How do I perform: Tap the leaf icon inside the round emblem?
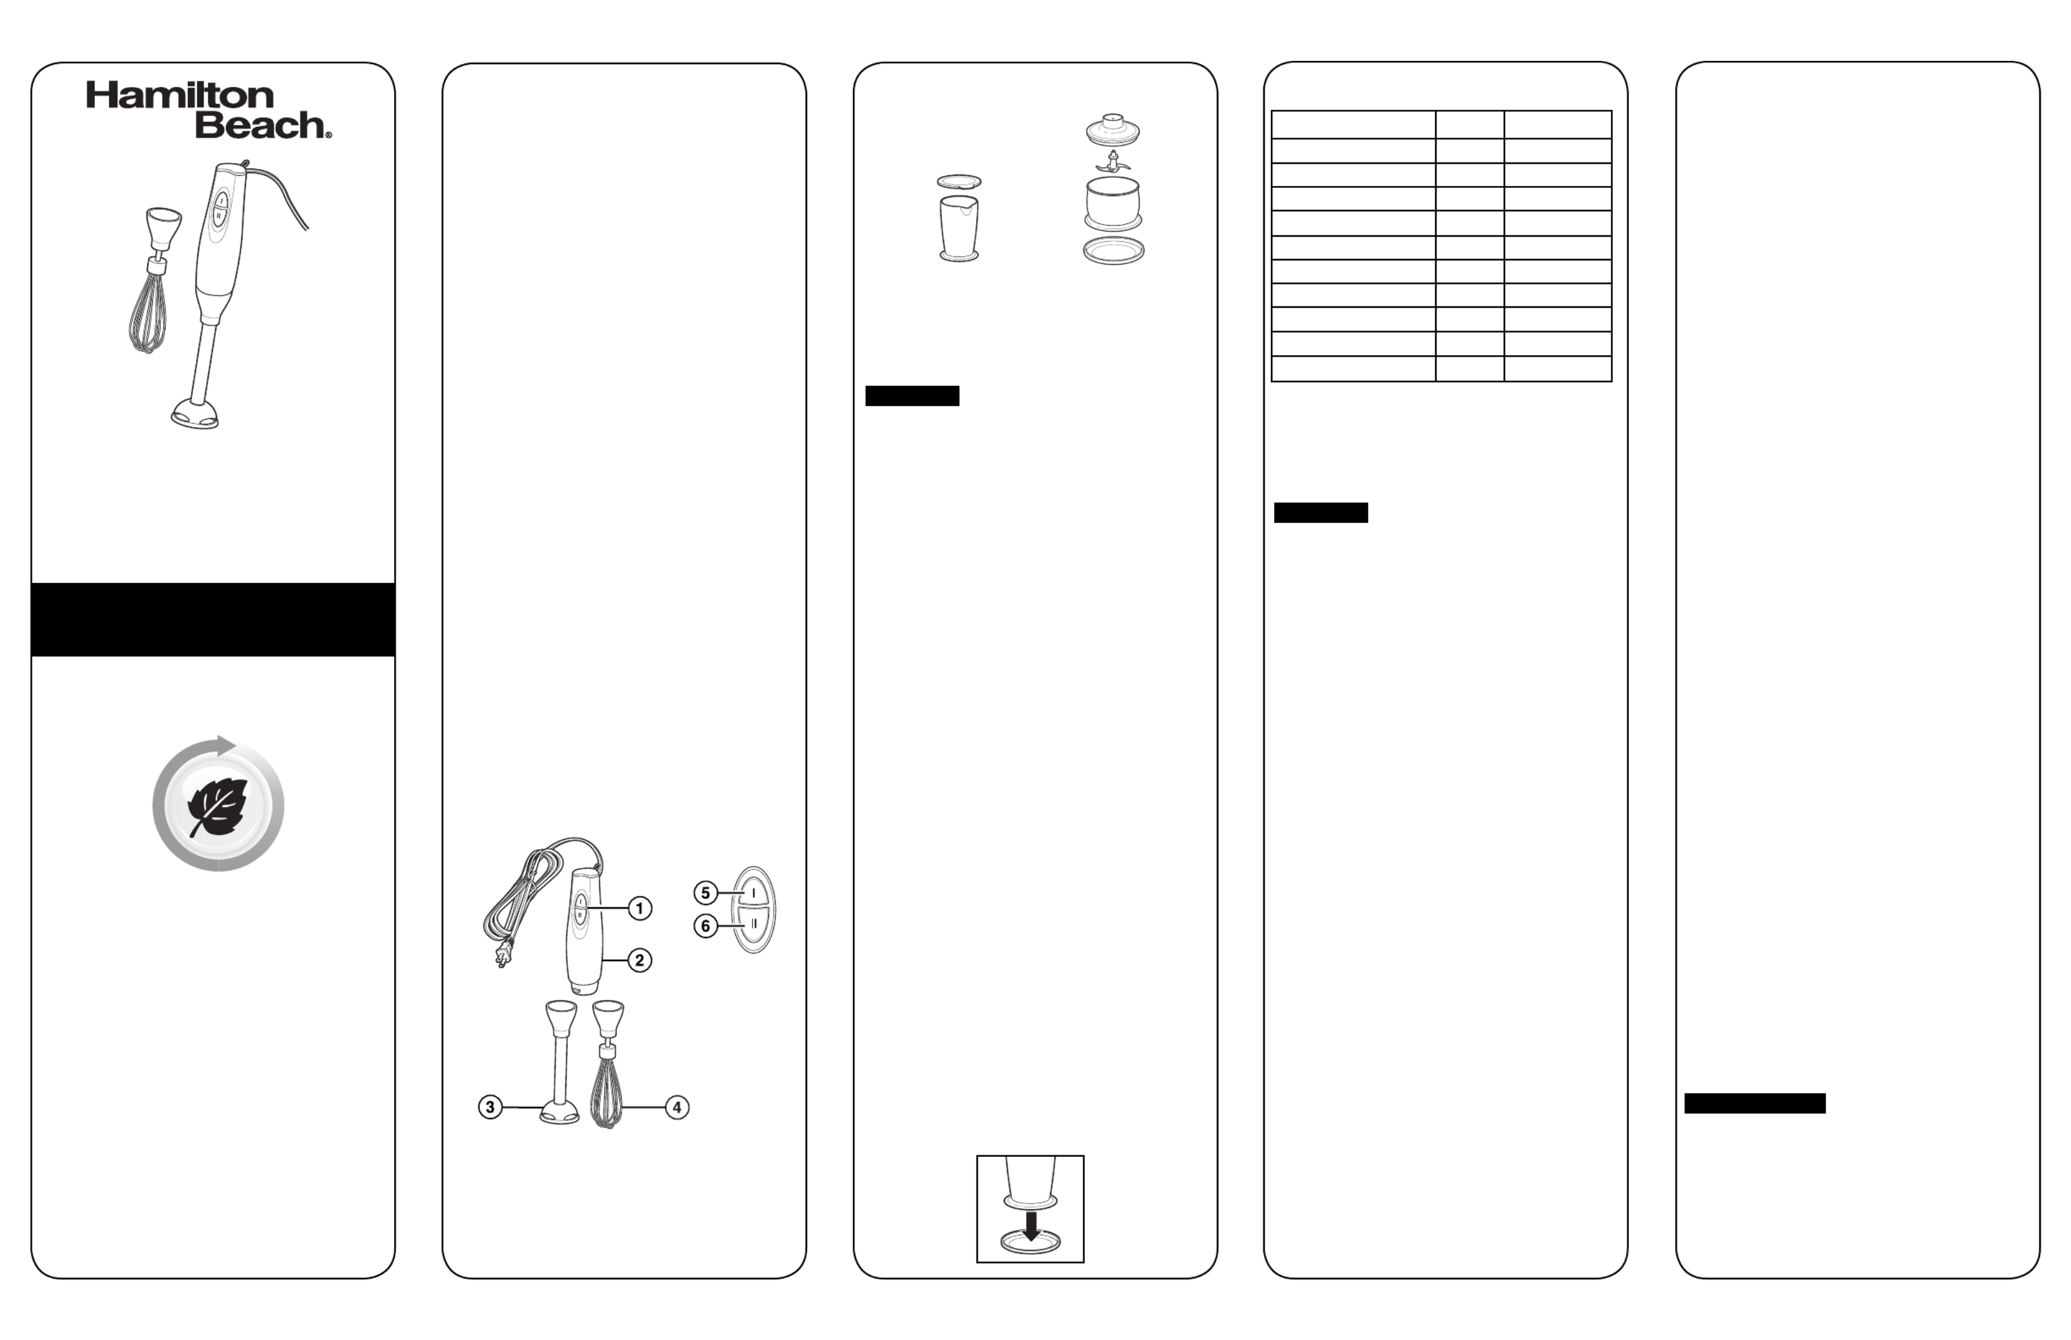pos(218,806)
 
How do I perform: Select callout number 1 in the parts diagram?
pos(640,909)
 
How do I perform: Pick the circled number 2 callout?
pos(640,961)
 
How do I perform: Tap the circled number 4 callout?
pos(677,1108)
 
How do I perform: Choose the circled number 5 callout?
pos(706,893)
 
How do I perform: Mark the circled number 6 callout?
pos(706,926)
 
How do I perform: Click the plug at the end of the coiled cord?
pos(502,956)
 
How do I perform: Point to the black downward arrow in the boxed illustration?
pos(1031,1227)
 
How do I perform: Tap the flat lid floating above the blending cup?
pos(959,182)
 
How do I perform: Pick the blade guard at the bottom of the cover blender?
pos(195,414)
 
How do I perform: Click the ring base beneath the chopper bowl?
pos(1113,251)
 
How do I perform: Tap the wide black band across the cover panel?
pos(213,619)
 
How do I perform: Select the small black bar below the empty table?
pos(1321,513)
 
